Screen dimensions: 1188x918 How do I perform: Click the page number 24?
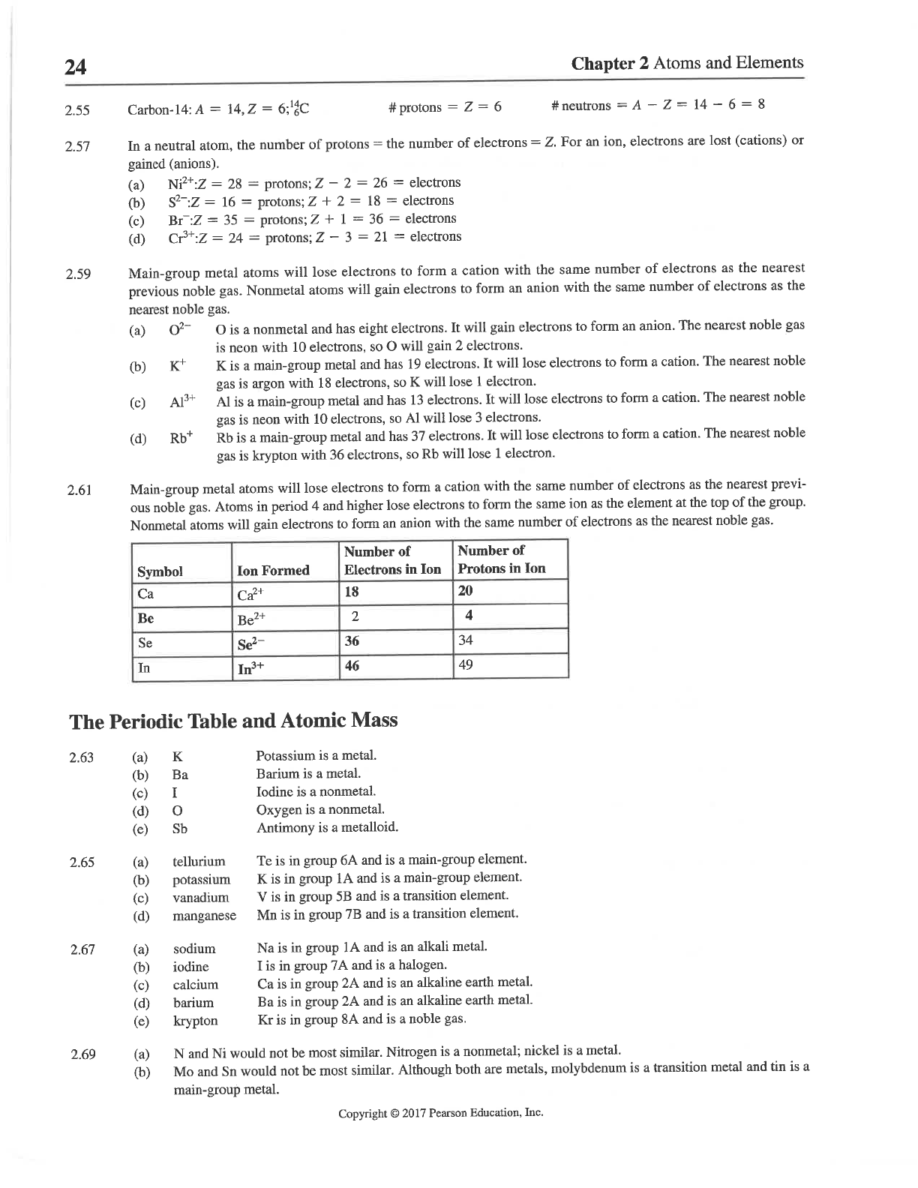coord(76,68)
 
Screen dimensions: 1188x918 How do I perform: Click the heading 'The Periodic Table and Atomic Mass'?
coord(233,721)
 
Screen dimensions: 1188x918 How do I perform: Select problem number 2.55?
coord(77,111)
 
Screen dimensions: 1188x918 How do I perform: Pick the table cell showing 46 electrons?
coord(352,665)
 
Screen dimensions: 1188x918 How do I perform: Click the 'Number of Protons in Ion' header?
coord(502,559)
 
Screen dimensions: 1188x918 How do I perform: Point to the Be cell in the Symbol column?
coord(146,618)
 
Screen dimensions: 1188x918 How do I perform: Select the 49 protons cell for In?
coord(466,664)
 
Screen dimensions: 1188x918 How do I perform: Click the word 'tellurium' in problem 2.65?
coord(199,862)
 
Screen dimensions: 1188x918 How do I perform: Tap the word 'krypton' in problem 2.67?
coord(195,1021)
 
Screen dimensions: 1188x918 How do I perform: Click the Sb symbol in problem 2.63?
coord(180,829)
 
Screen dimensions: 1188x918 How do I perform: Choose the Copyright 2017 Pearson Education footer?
coord(440,1113)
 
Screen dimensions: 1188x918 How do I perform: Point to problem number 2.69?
coord(82,1055)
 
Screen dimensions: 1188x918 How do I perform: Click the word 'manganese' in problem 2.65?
coord(204,916)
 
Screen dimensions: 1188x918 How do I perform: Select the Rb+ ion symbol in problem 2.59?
coord(181,438)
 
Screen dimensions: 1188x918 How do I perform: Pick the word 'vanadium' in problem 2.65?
coord(200,898)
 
